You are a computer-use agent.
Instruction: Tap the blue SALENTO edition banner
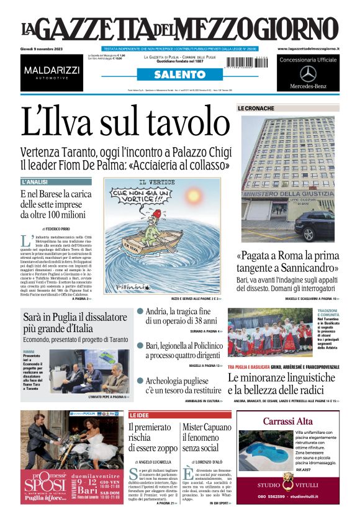[179, 74]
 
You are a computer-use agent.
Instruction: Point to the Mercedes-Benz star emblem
[308, 73]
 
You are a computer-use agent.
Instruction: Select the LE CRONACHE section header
[256, 109]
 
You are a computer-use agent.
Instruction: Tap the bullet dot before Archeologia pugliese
[140, 380]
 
